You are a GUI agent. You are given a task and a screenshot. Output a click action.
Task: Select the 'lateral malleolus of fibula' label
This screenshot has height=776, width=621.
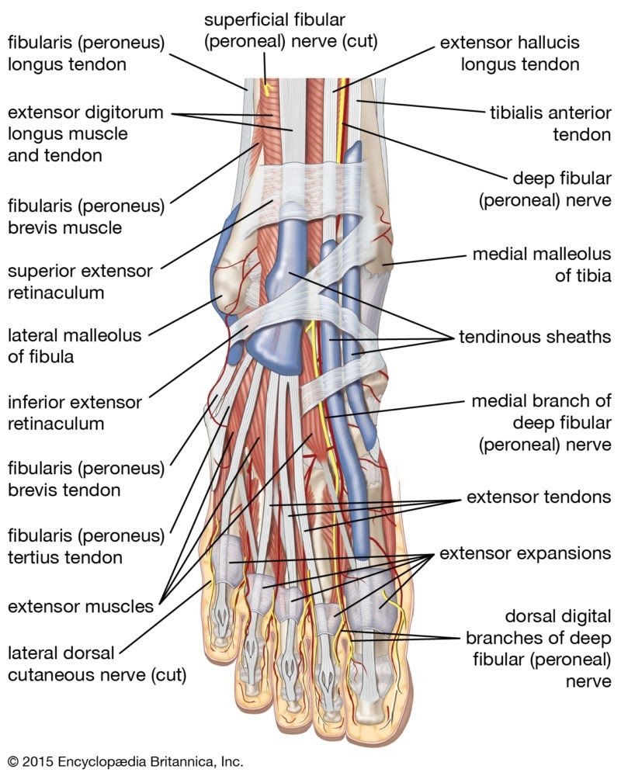tap(75, 347)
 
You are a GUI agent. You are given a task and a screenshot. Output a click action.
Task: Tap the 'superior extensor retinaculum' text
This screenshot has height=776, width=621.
tap(80, 282)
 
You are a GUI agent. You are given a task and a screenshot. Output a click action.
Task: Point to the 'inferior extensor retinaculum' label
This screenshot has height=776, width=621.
tap(75, 414)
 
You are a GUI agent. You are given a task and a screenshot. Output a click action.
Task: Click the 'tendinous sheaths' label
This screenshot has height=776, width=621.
tap(535, 338)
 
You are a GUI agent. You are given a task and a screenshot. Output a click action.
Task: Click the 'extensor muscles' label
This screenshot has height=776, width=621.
tap(81, 606)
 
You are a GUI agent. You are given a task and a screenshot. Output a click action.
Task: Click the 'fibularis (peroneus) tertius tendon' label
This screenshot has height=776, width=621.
tap(86, 546)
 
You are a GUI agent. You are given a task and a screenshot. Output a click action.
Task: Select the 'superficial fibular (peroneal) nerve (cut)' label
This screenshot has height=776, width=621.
tap(290, 30)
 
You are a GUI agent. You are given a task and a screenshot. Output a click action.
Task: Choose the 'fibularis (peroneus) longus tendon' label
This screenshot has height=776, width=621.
tap(86, 54)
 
